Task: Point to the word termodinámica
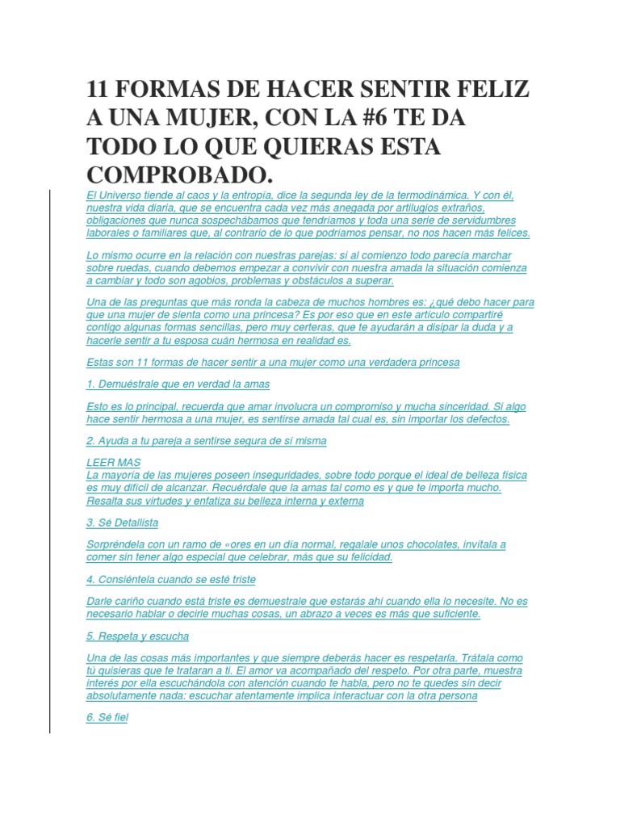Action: [x=427, y=195]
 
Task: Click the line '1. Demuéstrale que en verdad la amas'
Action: [x=178, y=384]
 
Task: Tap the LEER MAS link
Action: [x=113, y=463]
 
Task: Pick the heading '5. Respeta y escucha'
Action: [x=137, y=636]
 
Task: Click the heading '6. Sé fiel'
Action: [x=107, y=716]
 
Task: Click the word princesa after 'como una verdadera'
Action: [x=437, y=362]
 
